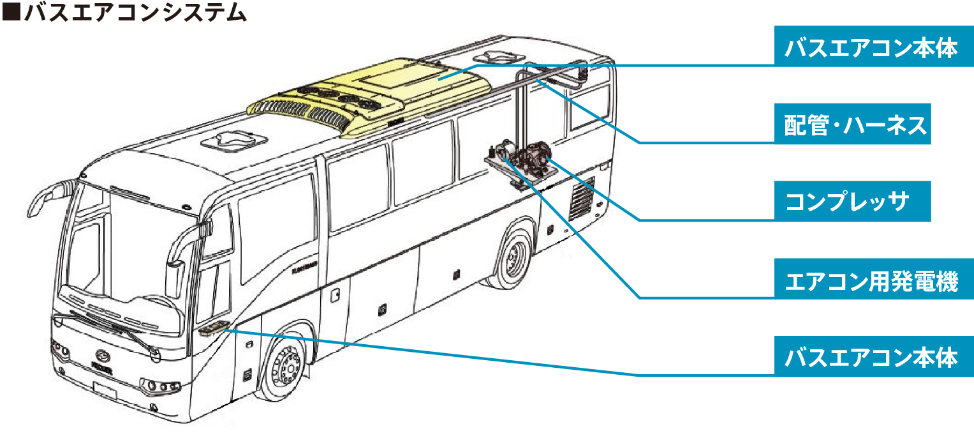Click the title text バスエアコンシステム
pyautogui.click(x=136, y=11)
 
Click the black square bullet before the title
pyautogui.click(x=11, y=11)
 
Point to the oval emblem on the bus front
pyautogui.click(x=103, y=356)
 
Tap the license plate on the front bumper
pyautogui.click(x=105, y=390)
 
